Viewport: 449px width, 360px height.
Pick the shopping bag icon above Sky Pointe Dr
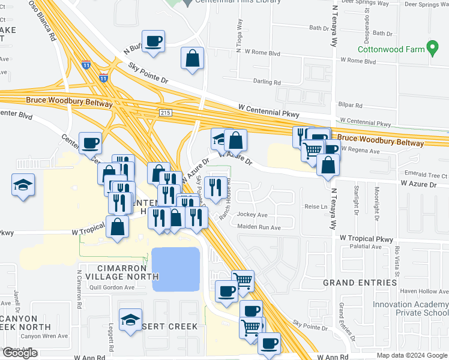192,58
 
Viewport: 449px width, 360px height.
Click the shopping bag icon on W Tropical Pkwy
118,227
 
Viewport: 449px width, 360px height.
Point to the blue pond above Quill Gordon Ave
175,269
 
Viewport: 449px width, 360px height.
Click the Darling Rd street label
268,82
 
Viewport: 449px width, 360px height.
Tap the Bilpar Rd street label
351,105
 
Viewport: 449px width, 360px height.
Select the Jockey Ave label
253,214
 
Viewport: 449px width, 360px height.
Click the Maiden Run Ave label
259,227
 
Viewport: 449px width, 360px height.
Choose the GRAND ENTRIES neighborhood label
360,282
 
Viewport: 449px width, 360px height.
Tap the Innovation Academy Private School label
409,308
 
